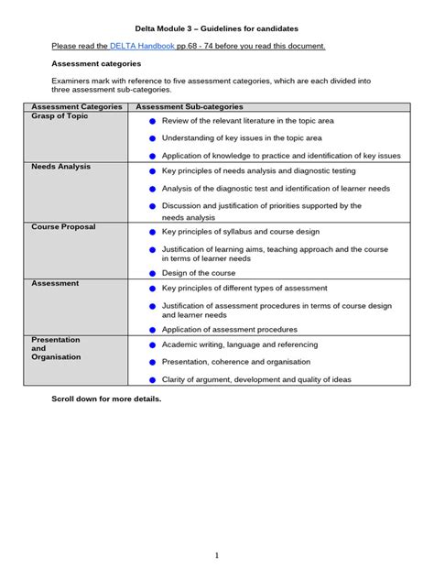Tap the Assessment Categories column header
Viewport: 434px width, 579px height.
pyautogui.click(x=77, y=107)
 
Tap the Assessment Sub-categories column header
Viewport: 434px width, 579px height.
pyautogui.click(x=190, y=107)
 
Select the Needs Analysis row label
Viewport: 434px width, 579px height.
pyautogui.click(x=62, y=168)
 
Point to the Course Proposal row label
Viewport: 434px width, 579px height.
pyautogui.click(x=63, y=227)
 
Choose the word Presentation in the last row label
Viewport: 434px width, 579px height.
pyautogui.click(x=56, y=340)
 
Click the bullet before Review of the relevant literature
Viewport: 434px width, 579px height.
pyautogui.click(x=153, y=121)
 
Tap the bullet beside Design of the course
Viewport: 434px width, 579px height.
pyautogui.click(x=153, y=273)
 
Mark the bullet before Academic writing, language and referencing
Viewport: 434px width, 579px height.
pyautogui.click(x=153, y=345)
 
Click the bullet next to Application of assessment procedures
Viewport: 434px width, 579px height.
pyautogui.click(x=153, y=329)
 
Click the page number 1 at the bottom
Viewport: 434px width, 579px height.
pyautogui.click(x=217, y=555)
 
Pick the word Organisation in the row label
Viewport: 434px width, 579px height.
pyautogui.click(x=57, y=357)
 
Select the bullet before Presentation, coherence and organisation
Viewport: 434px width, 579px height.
pyautogui.click(x=153, y=362)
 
